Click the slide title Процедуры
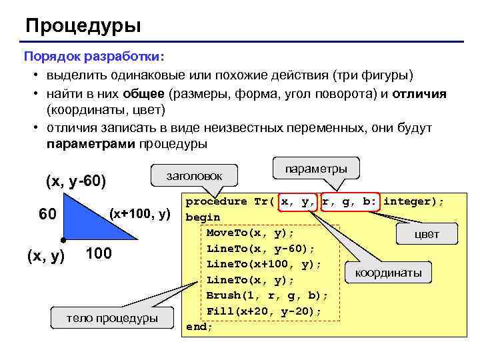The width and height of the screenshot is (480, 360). [83, 26]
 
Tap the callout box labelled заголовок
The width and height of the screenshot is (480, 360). [194, 175]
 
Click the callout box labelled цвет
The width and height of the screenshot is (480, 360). [427, 234]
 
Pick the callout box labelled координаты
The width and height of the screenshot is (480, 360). [389, 273]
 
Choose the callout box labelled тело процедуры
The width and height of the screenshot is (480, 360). [111, 318]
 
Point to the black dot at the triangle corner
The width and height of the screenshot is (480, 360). [63, 239]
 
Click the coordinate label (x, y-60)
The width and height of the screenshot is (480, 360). [76, 181]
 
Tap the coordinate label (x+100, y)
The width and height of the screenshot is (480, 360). [141, 214]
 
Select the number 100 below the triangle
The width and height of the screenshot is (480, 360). [99, 255]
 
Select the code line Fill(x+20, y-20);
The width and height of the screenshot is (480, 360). [264, 311]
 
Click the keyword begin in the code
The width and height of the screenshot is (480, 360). [202, 217]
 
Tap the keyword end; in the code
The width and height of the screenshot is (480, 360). [199, 327]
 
